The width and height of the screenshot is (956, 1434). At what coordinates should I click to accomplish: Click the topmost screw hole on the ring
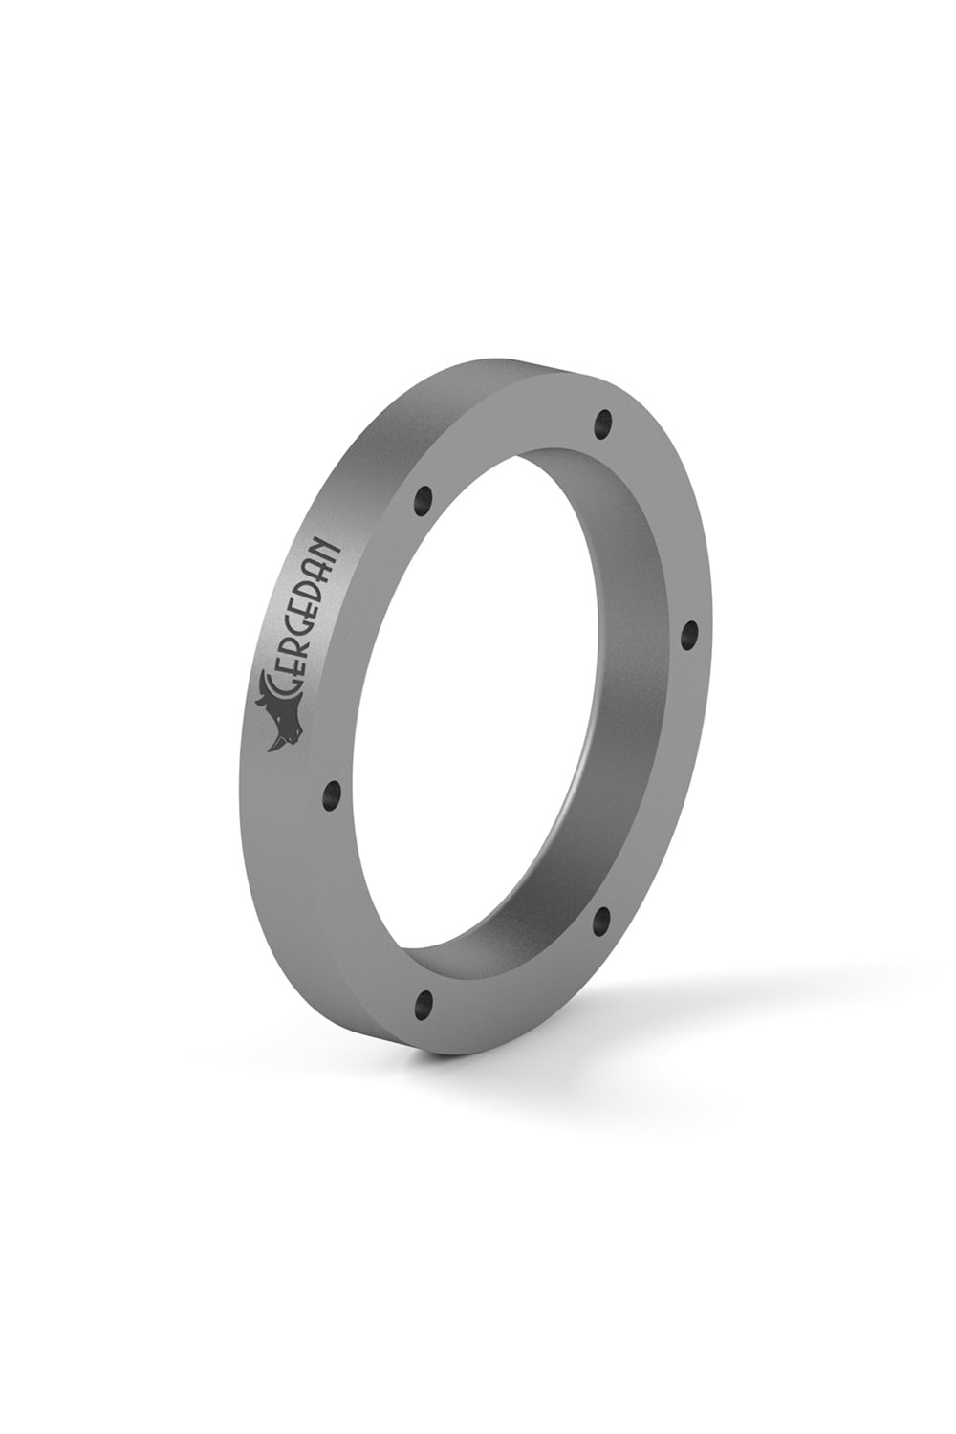tap(603, 424)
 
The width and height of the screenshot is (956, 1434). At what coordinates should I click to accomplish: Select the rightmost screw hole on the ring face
tap(689, 635)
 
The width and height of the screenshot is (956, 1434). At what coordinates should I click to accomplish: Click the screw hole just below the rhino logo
tap(333, 795)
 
